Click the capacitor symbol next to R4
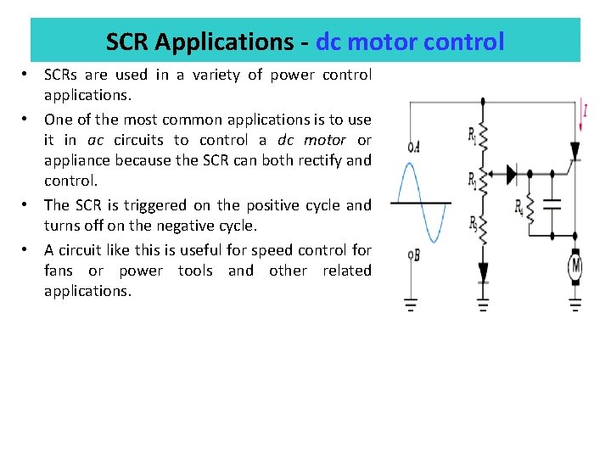[552, 204]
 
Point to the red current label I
[585, 109]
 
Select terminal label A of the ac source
[413, 146]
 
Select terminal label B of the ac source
[413, 254]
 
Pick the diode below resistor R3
[484, 271]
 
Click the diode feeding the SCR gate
[511, 175]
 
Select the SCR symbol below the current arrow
[575, 151]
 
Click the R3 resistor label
[473, 222]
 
